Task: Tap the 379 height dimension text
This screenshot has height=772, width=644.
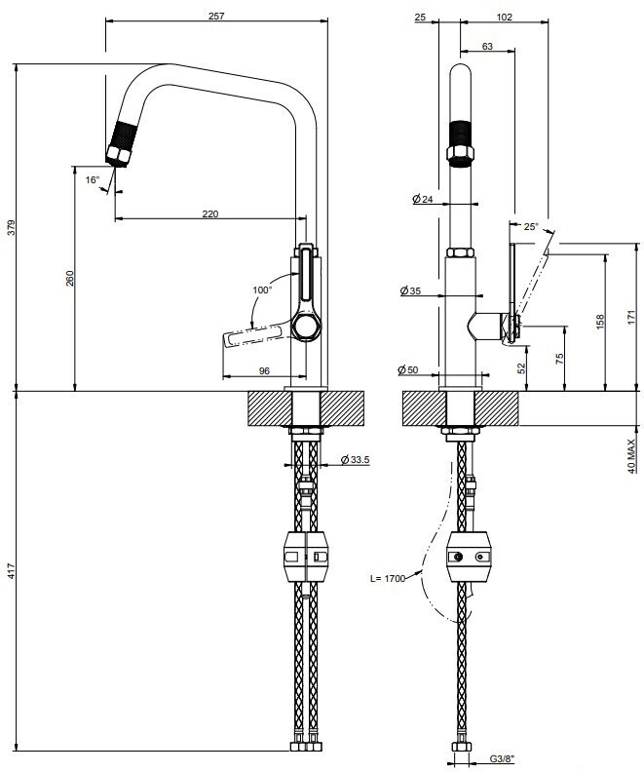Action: [11, 229]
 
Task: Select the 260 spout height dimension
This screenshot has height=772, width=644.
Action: [69, 278]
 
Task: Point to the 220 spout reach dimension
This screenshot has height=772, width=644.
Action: [209, 213]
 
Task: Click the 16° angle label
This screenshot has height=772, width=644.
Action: [93, 179]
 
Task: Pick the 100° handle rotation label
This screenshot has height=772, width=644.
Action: [261, 289]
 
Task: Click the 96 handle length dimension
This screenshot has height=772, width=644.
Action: [263, 369]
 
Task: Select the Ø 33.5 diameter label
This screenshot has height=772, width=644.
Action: [353, 460]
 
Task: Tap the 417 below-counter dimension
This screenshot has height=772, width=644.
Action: [11, 572]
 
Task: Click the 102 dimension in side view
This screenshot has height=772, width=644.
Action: [506, 17]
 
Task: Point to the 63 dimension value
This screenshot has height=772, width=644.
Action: [487, 46]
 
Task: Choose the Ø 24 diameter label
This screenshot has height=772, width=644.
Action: [423, 199]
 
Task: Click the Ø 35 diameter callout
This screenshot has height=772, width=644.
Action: [410, 290]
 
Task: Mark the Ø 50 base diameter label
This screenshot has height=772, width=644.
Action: [409, 369]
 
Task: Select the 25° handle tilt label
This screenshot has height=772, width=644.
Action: [531, 226]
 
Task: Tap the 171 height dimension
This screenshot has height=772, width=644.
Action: [631, 317]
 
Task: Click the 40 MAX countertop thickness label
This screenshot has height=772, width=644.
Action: [631, 453]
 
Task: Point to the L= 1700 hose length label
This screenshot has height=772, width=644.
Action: [387, 579]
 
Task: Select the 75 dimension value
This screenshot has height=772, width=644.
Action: [559, 358]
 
